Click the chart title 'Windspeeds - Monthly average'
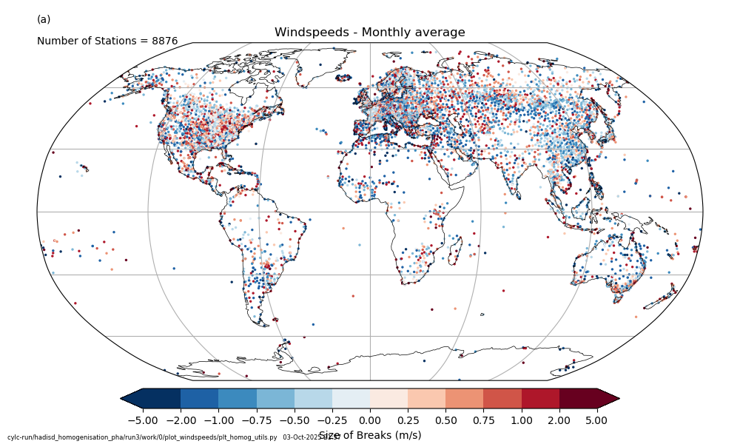pos(369,33)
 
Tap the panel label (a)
pos(44,19)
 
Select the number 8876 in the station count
pos(164,41)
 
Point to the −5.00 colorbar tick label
pos(143,420)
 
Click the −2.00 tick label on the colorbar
pos(181,420)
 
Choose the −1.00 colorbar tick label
pos(218,420)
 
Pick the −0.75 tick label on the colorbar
pos(256,420)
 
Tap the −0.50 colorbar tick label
pos(294,420)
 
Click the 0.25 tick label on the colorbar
pos(408,420)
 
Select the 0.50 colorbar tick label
pos(445,420)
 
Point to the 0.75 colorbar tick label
pos(483,420)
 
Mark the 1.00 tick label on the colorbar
pos(521,420)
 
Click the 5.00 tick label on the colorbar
pos(596,420)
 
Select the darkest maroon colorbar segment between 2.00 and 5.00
pos(578,398)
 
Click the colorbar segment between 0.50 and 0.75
pos(465,398)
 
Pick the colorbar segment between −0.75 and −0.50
pos(275,398)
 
